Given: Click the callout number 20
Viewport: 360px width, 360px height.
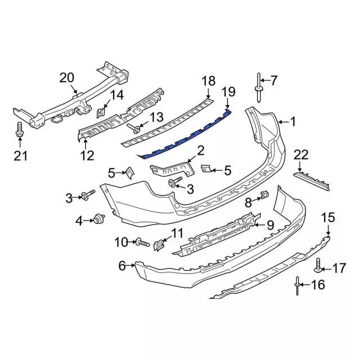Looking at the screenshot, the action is click(x=67, y=78).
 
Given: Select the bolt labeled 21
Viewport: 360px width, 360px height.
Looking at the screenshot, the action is click(x=20, y=130).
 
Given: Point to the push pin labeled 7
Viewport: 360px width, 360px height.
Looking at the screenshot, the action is click(x=259, y=88).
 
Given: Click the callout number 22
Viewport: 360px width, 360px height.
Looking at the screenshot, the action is click(x=301, y=155).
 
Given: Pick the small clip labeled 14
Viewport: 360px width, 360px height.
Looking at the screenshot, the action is click(x=101, y=112).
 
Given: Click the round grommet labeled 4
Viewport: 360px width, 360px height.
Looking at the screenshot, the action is click(x=99, y=218).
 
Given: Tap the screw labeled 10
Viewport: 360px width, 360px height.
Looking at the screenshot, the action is click(x=142, y=242).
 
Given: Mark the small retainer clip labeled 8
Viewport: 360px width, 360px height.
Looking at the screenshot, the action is click(x=264, y=195).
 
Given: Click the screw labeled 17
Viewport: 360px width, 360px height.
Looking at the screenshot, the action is click(x=318, y=265).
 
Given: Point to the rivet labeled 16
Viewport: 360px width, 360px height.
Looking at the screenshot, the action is click(x=298, y=286).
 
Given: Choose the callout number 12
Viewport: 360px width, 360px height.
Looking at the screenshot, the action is click(x=87, y=156).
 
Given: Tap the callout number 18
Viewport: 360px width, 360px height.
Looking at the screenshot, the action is click(x=209, y=81).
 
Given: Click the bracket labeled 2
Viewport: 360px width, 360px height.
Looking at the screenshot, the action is click(x=173, y=170).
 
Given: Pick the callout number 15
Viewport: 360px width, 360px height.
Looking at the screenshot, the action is click(x=328, y=218).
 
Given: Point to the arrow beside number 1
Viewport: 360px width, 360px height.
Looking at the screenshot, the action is click(x=284, y=122).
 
